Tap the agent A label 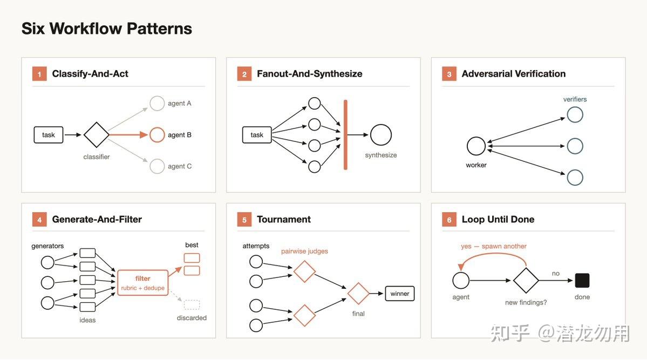coord(180,103)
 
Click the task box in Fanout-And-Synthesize coord(257,135)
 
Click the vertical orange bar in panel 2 coord(345,134)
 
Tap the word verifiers coord(575,99)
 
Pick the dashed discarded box coord(192,305)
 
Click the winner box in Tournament coord(400,294)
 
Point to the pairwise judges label coord(304,251)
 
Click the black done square coord(582,280)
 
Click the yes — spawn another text coord(494,246)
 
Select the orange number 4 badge coord(39,220)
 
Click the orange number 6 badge coord(449,220)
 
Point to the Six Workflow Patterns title coord(107,29)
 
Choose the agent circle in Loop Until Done coord(461,280)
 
